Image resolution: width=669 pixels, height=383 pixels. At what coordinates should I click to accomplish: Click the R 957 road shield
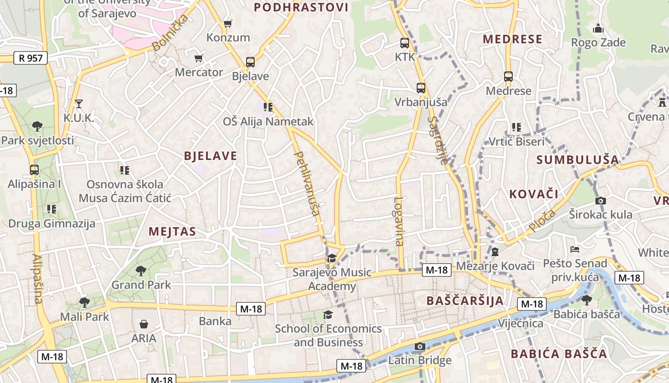[x=31, y=58]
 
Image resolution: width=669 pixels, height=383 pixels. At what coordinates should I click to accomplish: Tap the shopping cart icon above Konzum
[x=228, y=23]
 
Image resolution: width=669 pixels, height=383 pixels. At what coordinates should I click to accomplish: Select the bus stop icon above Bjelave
[x=250, y=62]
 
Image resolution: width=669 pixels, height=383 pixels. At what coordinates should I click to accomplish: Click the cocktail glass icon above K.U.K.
[x=79, y=103]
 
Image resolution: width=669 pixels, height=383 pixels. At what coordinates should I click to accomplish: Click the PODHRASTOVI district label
[x=301, y=7]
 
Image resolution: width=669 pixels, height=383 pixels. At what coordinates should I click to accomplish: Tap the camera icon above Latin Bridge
[x=420, y=346]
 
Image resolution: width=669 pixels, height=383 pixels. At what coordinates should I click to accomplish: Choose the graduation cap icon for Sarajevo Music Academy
[x=331, y=259]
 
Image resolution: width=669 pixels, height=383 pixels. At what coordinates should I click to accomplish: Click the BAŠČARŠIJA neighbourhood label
[x=464, y=301]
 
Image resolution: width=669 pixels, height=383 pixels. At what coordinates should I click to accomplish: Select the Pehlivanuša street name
[x=307, y=184]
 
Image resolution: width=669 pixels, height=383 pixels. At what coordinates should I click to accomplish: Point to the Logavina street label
[x=399, y=222]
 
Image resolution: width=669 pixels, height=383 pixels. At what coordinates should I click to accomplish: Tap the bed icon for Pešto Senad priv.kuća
[x=575, y=249]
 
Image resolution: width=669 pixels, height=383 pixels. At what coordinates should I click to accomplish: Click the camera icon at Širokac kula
[x=601, y=201]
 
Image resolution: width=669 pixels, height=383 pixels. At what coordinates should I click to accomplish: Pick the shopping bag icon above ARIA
[x=144, y=324]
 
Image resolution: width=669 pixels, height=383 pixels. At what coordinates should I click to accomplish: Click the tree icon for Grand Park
[x=141, y=271]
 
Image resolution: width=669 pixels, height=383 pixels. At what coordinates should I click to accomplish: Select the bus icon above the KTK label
[x=405, y=43]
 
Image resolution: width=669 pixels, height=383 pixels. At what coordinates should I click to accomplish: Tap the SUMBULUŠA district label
[x=577, y=160]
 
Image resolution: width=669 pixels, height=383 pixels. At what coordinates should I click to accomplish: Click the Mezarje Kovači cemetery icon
[x=495, y=252]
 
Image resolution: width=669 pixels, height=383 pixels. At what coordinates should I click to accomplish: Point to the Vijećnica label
[x=520, y=324]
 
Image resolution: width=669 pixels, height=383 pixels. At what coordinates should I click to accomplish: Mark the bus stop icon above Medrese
[x=508, y=77]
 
